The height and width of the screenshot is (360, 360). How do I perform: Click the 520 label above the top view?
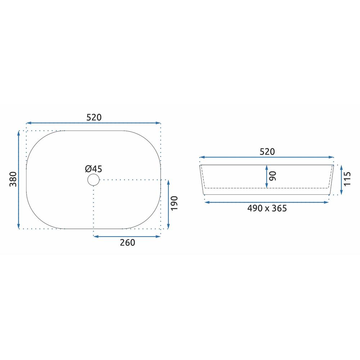[x=94, y=118]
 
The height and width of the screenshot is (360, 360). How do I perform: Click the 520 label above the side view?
[x=267, y=152]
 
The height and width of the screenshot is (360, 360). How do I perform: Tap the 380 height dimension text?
[x=13, y=179]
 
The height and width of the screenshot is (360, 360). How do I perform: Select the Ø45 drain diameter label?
[x=94, y=169]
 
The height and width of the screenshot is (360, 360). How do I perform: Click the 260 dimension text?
[x=127, y=243]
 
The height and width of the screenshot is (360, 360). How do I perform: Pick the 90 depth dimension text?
[x=273, y=176]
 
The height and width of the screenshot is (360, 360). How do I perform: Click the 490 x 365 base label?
[x=267, y=208]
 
